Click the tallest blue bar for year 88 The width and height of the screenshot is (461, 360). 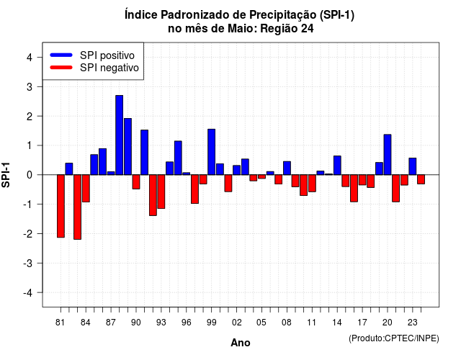point(119,135)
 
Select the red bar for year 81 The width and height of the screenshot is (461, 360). point(61,206)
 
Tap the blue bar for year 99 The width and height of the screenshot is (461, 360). point(211,152)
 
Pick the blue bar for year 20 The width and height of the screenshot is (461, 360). point(388,155)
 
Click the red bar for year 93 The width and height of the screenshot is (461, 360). point(161,192)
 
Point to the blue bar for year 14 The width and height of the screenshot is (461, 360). point(337,165)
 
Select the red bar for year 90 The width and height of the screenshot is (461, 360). point(136,182)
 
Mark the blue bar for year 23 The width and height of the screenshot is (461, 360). point(413,166)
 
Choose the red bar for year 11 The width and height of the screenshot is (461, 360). point(312,184)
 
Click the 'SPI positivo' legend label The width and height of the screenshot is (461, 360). point(107,55)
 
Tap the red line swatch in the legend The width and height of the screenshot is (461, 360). point(61,67)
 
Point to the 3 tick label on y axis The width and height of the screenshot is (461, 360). point(30,86)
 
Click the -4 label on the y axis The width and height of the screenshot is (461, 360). point(28,292)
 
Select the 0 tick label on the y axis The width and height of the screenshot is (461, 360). point(30,175)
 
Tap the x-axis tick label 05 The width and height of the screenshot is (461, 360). point(261,323)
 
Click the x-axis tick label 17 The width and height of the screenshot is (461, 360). point(362,323)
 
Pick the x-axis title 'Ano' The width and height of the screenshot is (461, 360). point(241,343)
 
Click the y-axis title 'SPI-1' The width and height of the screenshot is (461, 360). point(6,175)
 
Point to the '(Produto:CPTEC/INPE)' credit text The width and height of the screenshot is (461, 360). point(394,338)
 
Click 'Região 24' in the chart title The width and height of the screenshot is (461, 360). point(287,29)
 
